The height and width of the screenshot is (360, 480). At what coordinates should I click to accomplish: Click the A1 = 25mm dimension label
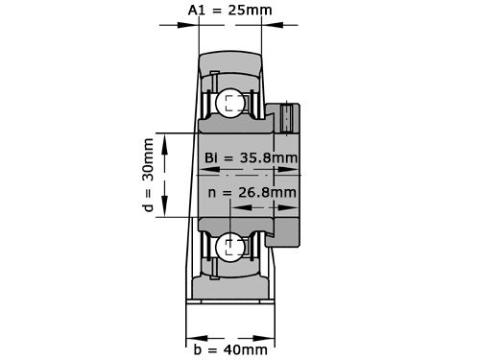[x=229, y=11]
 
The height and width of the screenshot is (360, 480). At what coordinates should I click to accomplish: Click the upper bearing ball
[x=230, y=104]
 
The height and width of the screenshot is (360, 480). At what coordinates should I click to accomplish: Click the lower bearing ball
[x=230, y=247]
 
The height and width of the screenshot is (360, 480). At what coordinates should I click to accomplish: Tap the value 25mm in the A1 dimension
[x=251, y=11]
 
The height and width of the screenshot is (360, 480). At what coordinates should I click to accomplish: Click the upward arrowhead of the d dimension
[x=167, y=140]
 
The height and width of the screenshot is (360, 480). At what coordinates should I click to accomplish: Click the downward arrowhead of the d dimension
[x=167, y=211]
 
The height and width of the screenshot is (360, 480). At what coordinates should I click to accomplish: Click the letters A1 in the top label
[x=196, y=11]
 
